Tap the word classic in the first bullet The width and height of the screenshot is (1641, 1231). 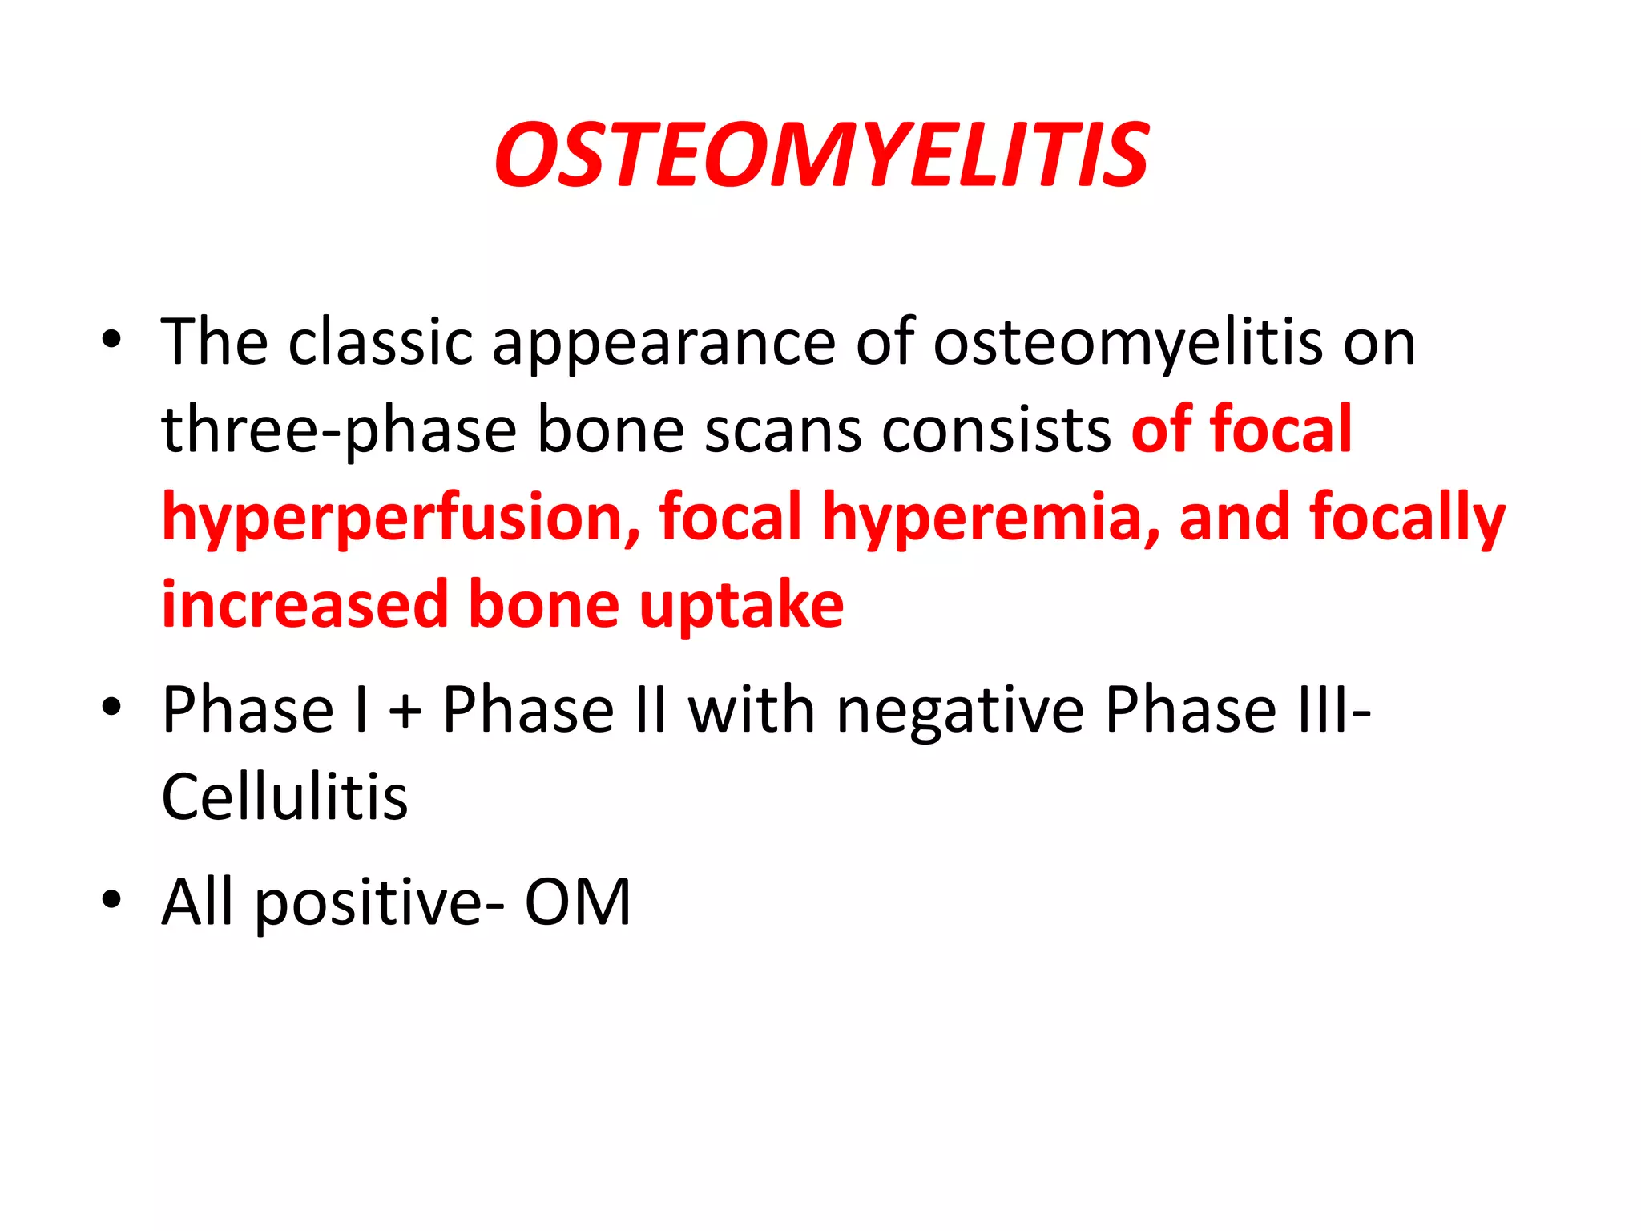tap(381, 343)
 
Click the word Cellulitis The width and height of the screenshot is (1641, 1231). tap(284, 797)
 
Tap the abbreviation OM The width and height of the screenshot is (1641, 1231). tap(578, 902)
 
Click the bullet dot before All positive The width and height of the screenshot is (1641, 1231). tap(111, 898)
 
